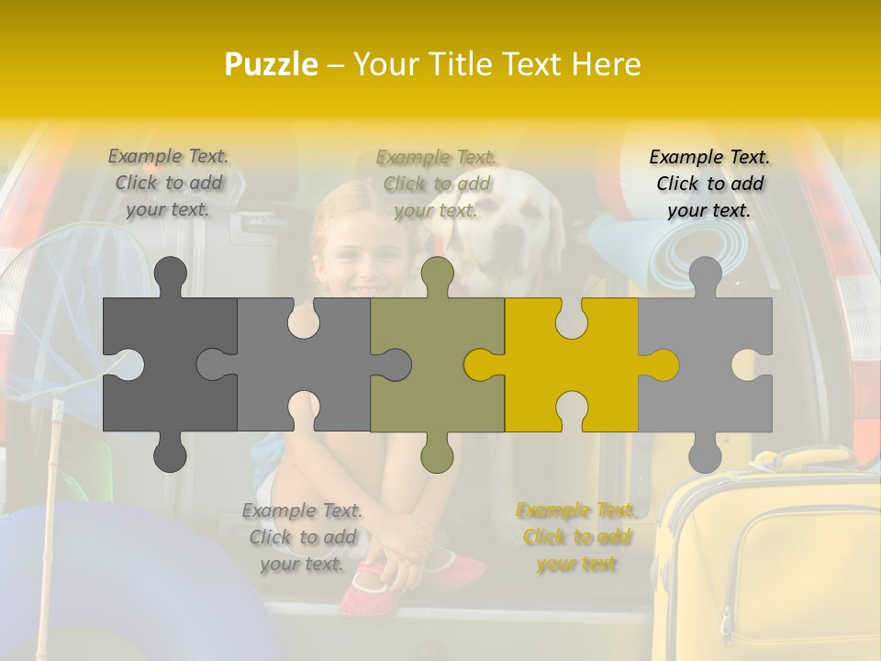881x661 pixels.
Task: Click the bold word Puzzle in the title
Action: pos(272,64)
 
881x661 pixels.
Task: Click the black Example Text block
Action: pos(709,184)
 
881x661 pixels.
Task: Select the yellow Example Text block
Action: pos(576,537)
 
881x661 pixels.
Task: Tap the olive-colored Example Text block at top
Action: pos(437,184)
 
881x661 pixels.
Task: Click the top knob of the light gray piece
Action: pos(705,275)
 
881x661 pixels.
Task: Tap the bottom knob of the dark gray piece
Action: pos(170,454)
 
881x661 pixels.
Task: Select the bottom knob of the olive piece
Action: pos(437,454)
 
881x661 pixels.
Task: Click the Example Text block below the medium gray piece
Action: pos(302,537)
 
